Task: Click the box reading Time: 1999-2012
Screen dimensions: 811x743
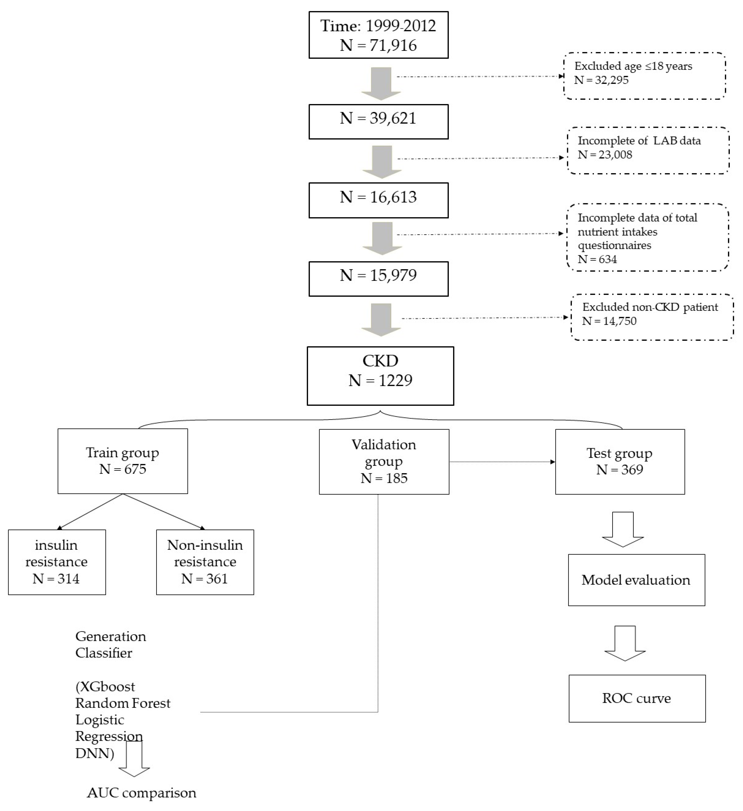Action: click(378, 35)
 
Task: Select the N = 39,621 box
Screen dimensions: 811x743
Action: click(378, 122)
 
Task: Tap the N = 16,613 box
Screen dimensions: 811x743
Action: click(378, 200)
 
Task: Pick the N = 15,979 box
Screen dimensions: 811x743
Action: click(378, 279)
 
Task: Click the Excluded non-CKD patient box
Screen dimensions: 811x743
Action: click(652, 317)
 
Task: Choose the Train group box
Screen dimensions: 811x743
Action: click(123, 461)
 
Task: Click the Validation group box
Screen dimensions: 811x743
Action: click(384, 461)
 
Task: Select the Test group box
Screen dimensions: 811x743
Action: click(619, 461)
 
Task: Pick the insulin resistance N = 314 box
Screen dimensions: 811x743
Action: click(57, 562)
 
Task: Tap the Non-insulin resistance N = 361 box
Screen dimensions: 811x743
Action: click(205, 562)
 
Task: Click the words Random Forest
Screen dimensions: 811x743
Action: click(123, 703)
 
